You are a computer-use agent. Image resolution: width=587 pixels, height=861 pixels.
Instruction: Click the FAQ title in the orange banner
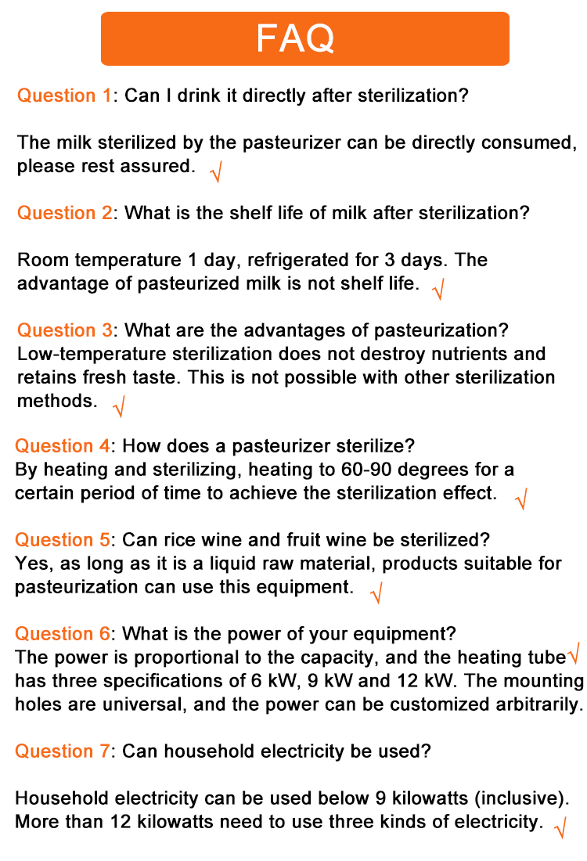click(x=295, y=38)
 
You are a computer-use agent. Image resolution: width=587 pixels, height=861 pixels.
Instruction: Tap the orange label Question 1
click(x=65, y=96)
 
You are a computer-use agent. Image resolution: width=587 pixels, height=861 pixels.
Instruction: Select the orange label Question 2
click(x=65, y=213)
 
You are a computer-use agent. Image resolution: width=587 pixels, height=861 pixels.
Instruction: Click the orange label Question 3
click(x=65, y=330)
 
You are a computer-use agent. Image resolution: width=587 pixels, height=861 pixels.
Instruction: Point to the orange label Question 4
click(x=63, y=446)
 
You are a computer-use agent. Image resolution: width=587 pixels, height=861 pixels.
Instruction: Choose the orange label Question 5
click(x=63, y=540)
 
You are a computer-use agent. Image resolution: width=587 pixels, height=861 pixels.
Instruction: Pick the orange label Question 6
click(x=63, y=633)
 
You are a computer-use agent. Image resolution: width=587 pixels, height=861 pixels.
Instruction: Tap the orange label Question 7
click(x=63, y=751)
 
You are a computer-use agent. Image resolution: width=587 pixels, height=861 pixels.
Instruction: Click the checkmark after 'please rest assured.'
click(x=216, y=171)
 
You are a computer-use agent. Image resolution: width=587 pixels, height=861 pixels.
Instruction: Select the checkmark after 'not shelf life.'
click(x=438, y=288)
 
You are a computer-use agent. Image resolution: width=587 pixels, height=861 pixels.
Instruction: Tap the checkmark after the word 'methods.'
click(x=119, y=405)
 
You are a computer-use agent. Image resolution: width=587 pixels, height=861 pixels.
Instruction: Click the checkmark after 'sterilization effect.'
click(x=521, y=498)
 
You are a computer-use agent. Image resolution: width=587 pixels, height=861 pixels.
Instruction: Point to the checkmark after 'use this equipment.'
click(x=376, y=592)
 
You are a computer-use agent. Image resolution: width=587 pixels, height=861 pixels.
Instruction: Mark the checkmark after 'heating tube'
click(x=574, y=652)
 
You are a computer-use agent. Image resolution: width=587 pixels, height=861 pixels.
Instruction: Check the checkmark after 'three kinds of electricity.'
click(x=560, y=827)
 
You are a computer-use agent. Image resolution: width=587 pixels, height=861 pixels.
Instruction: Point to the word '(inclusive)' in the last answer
click(x=519, y=799)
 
